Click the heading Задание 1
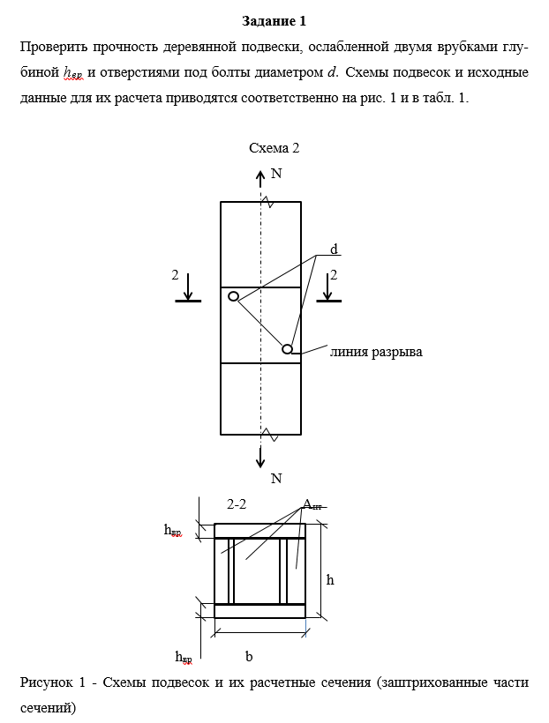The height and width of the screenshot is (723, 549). (274, 20)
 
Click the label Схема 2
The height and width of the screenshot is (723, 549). (274, 148)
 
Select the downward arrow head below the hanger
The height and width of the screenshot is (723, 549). (260, 462)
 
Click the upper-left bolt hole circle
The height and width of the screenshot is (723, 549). (233, 296)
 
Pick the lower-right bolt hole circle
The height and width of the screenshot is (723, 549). (287, 349)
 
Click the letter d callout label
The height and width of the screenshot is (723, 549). (335, 250)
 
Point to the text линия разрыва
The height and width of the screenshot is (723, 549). (376, 352)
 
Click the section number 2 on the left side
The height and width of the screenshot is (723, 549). (176, 275)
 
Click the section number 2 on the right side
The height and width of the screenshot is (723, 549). (334, 275)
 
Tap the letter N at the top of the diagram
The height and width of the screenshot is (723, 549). (276, 174)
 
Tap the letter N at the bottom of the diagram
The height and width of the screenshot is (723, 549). (276, 479)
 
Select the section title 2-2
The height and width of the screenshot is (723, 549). (237, 504)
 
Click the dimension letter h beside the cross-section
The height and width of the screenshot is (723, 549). (330, 579)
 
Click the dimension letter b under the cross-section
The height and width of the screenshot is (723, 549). (249, 657)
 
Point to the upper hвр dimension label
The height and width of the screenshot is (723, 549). (172, 530)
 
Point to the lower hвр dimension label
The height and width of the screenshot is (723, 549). (184, 657)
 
